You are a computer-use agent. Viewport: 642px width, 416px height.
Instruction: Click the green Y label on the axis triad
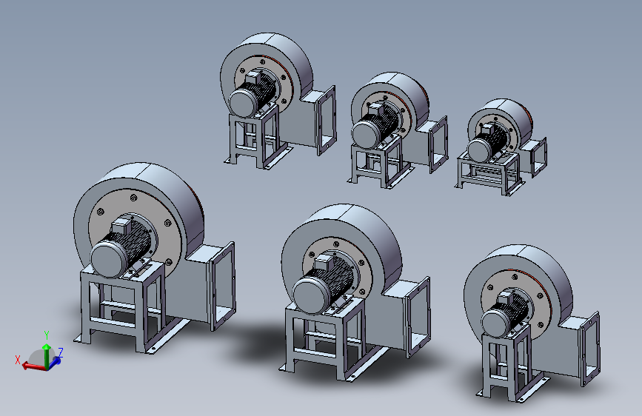(x=47, y=335)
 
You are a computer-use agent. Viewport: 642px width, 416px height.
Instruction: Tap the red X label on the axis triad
(x=18, y=360)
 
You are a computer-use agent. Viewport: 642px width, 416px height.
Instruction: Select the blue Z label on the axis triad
(x=61, y=352)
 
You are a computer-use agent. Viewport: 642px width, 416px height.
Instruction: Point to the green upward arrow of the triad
(x=47, y=355)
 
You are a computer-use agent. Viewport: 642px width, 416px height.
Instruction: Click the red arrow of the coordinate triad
(x=33, y=366)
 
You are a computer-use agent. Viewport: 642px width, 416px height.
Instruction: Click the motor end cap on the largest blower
(x=107, y=259)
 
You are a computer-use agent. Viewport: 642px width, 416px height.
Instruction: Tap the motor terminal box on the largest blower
(x=121, y=226)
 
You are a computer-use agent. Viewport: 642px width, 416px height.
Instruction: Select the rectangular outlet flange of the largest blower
(x=221, y=286)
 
